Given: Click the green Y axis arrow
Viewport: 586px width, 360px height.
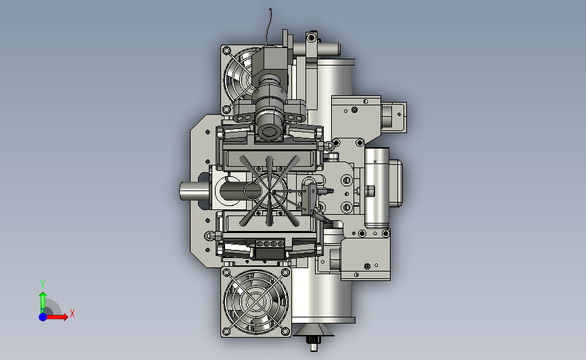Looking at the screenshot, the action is (x=43, y=301).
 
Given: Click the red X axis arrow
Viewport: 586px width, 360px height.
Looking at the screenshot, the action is (x=57, y=317).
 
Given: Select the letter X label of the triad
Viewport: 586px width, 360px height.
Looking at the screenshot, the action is (x=72, y=313).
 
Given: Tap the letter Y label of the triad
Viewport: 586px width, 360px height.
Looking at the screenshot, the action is (x=43, y=284).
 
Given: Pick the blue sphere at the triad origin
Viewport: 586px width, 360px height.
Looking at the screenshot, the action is (x=43, y=317).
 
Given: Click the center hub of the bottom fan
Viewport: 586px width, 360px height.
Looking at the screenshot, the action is (x=255, y=301).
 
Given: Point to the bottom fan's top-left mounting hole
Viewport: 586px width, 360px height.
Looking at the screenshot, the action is (x=226, y=273).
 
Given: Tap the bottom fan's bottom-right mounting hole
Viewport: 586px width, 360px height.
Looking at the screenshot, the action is (x=285, y=331).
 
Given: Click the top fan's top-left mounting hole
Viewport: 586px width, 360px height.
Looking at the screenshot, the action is (x=226, y=51).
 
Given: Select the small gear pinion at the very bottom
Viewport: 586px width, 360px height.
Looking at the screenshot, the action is (x=313, y=340).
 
